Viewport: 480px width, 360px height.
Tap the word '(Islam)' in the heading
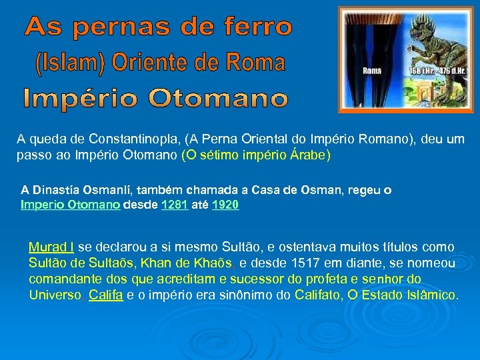pos(67,64)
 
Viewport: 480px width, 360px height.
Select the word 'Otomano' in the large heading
pos(219,99)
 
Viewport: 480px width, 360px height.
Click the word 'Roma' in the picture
pos(372,70)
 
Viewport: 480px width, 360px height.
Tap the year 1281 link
pos(175,205)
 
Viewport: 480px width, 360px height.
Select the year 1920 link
pos(225,205)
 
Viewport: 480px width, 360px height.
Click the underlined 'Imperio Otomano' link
pos(70,205)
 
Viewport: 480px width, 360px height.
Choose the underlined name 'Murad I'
pos(51,247)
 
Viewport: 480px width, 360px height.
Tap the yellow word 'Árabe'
pos(307,155)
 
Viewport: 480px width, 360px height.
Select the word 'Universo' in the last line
pos(55,295)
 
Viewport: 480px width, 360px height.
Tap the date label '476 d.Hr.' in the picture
pos(439,70)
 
